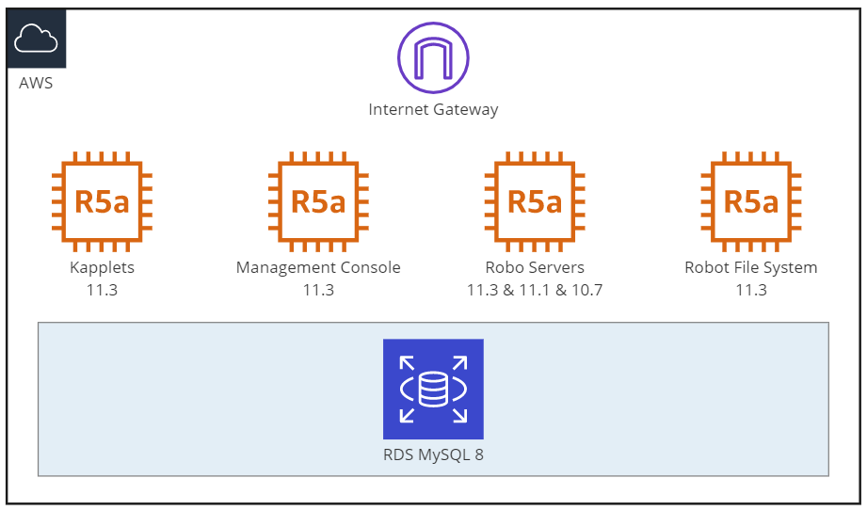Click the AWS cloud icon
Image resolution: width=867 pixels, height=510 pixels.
pyautogui.click(x=37, y=39)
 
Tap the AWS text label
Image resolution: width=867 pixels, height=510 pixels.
pyautogui.click(x=36, y=83)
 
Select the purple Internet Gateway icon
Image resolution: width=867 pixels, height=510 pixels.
pyautogui.click(x=433, y=57)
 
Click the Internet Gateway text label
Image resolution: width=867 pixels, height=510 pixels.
pyautogui.click(x=433, y=109)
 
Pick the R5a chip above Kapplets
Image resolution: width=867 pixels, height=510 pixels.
pyautogui.click(x=103, y=201)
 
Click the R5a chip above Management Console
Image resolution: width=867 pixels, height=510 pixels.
pyautogui.click(x=318, y=201)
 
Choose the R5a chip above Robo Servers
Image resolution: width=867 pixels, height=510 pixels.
pyautogui.click(x=535, y=201)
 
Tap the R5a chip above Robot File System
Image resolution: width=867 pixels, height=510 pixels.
pyautogui.click(x=751, y=201)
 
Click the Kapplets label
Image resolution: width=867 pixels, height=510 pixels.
pyautogui.click(x=103, y=268)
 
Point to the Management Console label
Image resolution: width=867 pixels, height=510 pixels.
pyautogui.click(x=318, y=268)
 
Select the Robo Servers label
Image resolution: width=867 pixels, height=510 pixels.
pyautogui.click(x=535, y=267)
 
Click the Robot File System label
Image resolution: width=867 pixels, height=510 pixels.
pyautogui.click(x=751, y=268)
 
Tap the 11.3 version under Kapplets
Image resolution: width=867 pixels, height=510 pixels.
pyautogui.click(x=103, y=290)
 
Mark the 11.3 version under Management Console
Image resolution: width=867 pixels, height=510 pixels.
pyautogui.click(x=318, y=290)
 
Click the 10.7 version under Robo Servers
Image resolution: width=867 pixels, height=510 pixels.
pyautogui.click(x=587, y=290)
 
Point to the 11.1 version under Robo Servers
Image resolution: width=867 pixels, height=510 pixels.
pyautogui.click(x=536, y=290)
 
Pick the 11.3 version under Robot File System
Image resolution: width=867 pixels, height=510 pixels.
pyautogui.click(x=751, y=290)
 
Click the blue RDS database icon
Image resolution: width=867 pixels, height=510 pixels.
pyautogui.click(x=433, y=389)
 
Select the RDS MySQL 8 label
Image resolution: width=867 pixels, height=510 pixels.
pyautogui.click(x=433, y=454)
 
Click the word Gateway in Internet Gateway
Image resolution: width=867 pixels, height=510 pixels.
pyautogui.click(x=466, y=110)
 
